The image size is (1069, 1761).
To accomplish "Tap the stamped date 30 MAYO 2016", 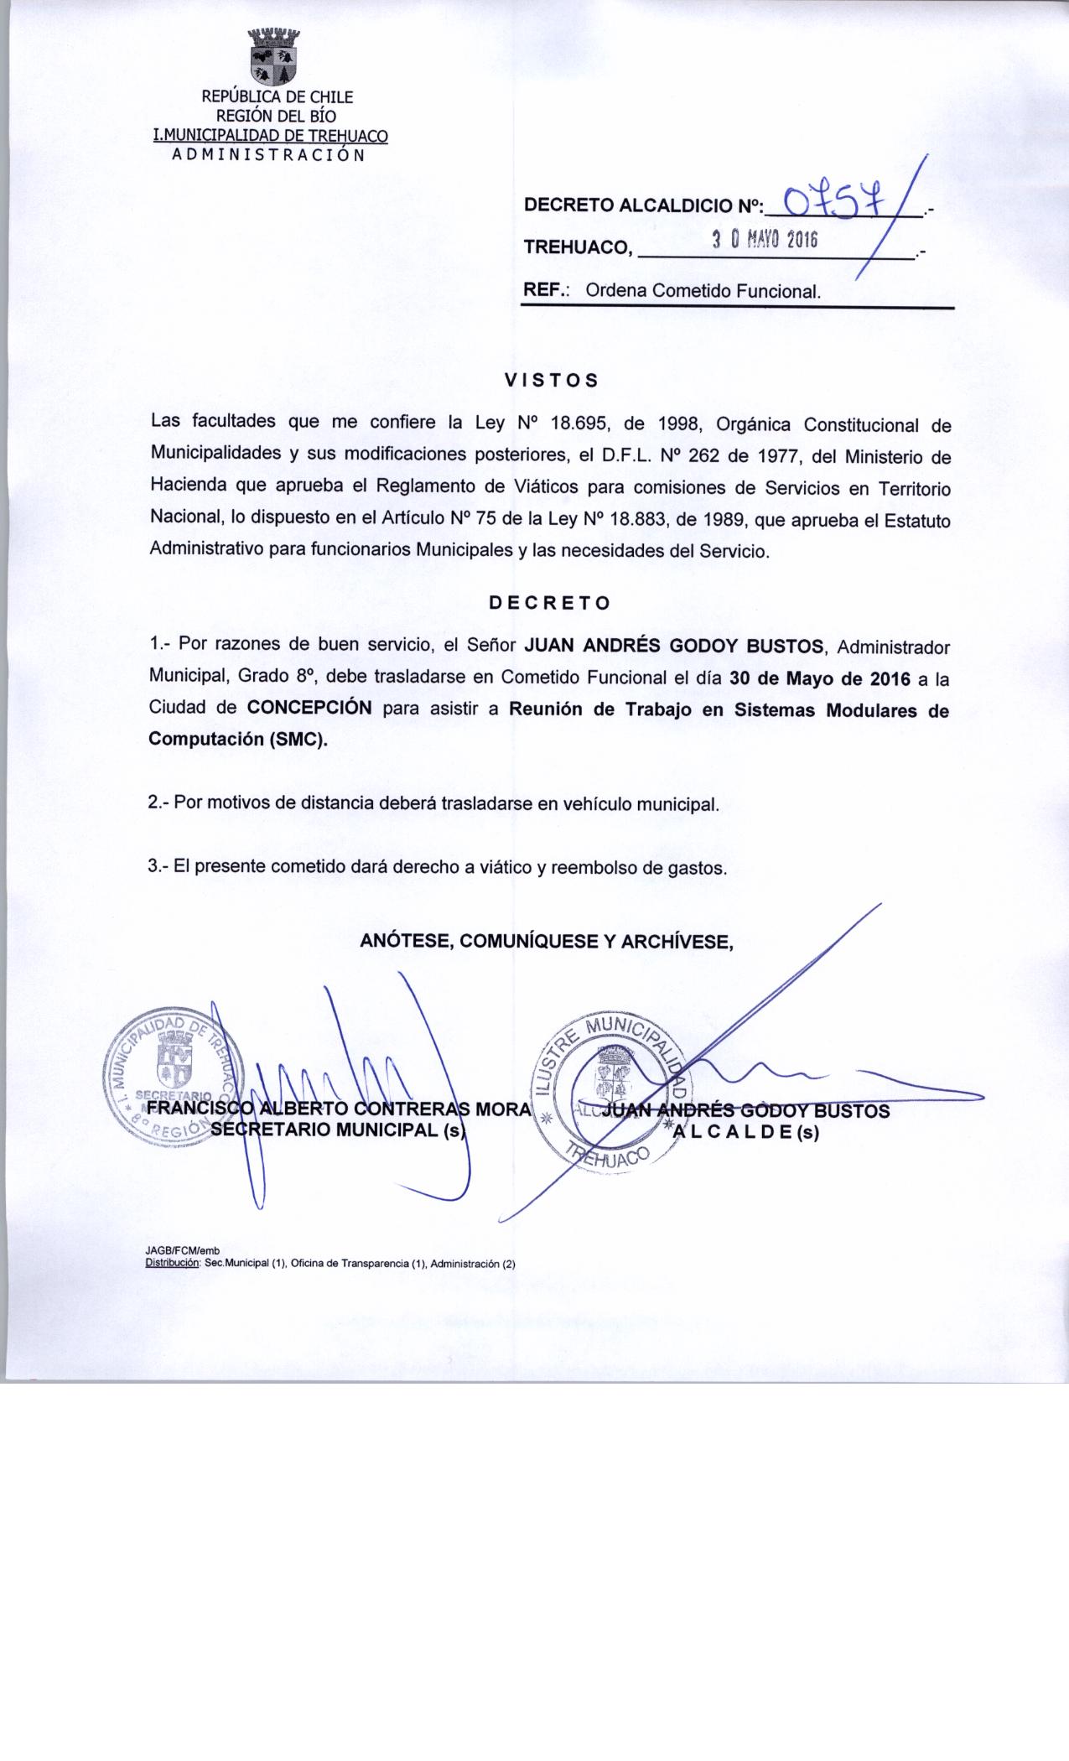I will (x=764, y=241).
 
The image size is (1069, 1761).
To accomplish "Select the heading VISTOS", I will (x=551, y=380).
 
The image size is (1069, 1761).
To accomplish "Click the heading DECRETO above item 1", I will (x=550, y=602).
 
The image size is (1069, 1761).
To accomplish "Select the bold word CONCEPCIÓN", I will (x=309, y=706).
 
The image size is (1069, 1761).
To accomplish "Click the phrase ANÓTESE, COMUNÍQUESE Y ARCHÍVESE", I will (x=547, y=942).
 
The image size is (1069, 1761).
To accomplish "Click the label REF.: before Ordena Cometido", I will (x=547, y=291).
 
